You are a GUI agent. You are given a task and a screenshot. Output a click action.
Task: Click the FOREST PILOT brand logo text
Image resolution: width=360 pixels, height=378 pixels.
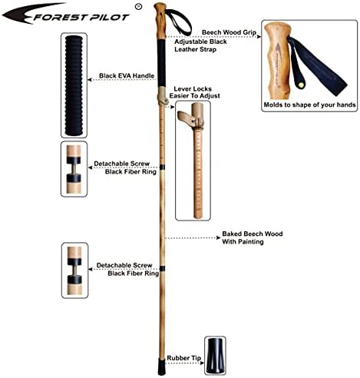point(73,13)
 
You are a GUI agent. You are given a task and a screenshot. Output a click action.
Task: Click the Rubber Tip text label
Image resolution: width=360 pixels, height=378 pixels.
point(184,358)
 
